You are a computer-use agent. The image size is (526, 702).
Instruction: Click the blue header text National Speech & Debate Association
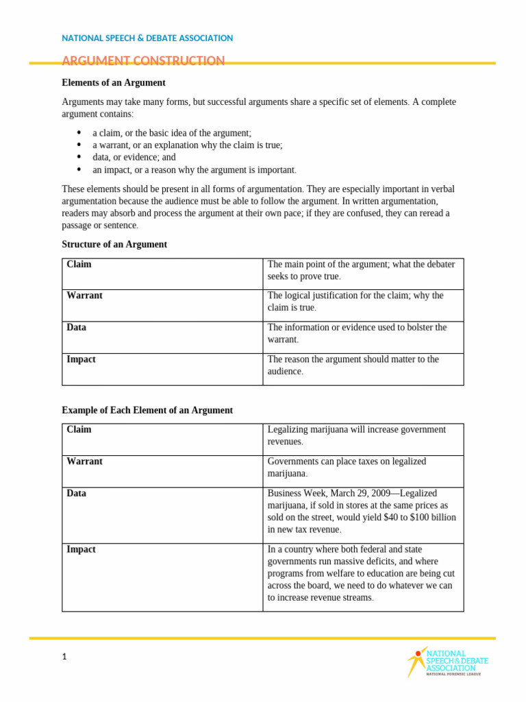(x=147, y=38)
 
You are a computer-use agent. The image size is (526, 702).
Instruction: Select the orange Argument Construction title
(x=143, y=61)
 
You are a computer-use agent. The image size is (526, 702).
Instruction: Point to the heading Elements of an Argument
(x=114, y=83)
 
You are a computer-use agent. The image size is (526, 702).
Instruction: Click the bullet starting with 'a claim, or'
(x=172, y=133)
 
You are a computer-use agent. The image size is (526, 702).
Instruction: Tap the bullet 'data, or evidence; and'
(x=134, y=157)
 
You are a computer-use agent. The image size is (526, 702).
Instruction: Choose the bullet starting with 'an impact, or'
(x=195, y=169)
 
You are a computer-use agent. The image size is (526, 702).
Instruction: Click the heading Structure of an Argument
(x=114, y=245)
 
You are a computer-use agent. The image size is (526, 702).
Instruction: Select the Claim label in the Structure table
(x=79, y=264)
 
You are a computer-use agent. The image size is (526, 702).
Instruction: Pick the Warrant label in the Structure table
(x=84, y=295)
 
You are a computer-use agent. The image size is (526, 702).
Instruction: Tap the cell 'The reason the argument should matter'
(x=353, y=365)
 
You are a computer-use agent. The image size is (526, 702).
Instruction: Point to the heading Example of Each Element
(x=147, y=411)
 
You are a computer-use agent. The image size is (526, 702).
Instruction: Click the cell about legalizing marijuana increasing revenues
(x=356, y=435)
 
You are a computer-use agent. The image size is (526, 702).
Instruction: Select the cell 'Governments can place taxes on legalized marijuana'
(x=347, y=468)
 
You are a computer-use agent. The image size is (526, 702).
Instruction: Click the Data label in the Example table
(x=77, y=494)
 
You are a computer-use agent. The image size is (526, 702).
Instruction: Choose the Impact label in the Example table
(x=81, y=550)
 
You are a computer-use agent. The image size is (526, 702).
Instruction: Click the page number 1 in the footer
(x=64, y=657)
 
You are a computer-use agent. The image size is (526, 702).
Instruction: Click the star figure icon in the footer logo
(x=415, y=661)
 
